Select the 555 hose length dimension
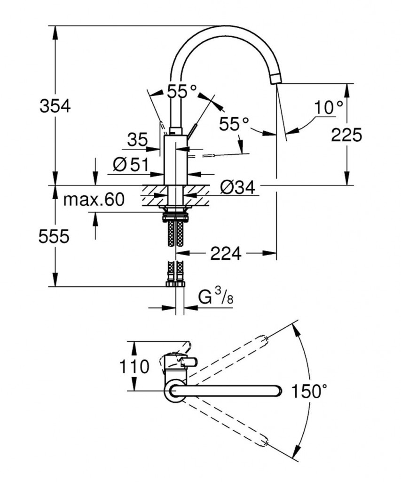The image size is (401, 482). pos(54,236)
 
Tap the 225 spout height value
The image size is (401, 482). pos(346,135)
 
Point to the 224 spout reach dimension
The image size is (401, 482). pos(226,254)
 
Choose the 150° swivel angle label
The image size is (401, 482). pos(309,391)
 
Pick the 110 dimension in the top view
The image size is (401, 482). pos(134,366)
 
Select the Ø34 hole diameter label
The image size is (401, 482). pos(237,188)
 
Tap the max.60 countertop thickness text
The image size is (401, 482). pos(94,200)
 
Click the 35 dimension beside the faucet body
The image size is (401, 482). pos(137,140)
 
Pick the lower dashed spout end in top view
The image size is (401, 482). pos(264,442)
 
